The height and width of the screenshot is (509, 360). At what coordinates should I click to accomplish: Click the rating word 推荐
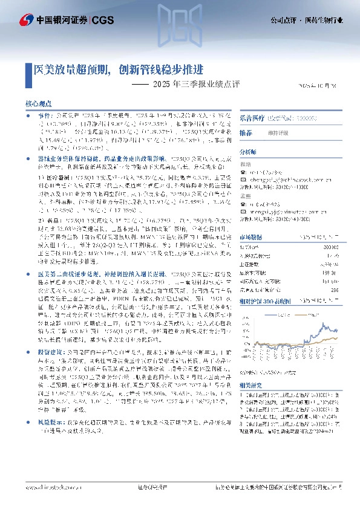[x=245, y=132]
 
